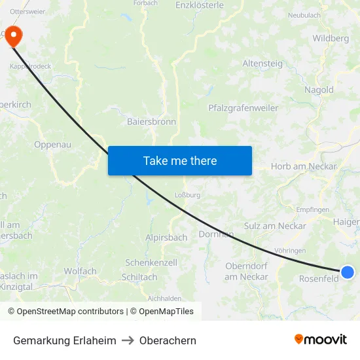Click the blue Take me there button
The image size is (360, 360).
(180, 160)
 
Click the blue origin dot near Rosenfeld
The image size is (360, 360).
(348, 272)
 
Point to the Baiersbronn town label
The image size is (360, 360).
(151, 121)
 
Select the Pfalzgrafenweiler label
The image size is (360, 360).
(243, 108)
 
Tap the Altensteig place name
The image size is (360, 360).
(262, 63)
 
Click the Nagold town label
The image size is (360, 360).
(319, 90)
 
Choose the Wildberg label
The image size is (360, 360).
(331, 38)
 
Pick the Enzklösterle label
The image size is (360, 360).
(200, 5)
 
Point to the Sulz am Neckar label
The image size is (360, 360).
(275, 226)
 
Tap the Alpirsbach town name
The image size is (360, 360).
(166, 238)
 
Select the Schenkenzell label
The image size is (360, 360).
(151, 262)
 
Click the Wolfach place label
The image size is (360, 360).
(80, 271)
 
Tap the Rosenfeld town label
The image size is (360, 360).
(318, 278)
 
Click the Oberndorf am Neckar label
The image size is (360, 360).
(247, 272)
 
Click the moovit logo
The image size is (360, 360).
(321, 340)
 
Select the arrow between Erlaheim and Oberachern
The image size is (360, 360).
(128, 340)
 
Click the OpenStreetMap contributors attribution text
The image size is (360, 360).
(70, 312)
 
